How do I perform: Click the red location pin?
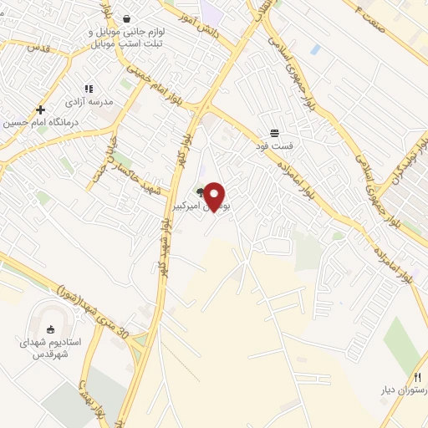pyautogui.click(x=215, y=196)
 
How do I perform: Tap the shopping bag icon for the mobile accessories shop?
pyautogui.click(x=126, y=18)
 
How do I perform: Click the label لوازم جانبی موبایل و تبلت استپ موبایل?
pyautogui.click(x=125, y=38)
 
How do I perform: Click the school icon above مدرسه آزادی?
pyautogui.click(x=88, y=89)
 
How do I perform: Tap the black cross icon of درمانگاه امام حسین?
pyautogui.click(x=39, y=110)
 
